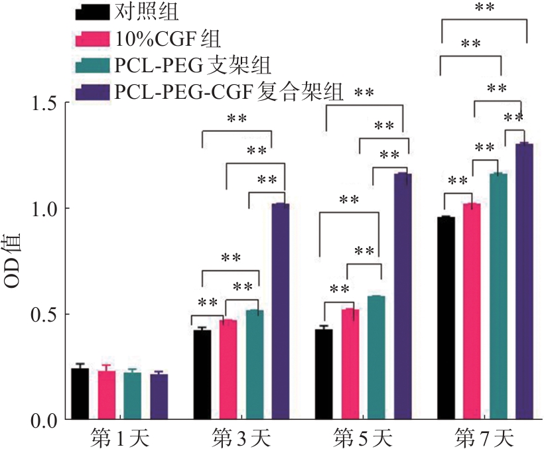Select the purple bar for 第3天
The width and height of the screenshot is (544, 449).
281,312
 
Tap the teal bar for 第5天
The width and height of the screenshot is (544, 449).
376,358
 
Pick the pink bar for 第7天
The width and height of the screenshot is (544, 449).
472,312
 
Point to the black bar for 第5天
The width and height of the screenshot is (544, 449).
324,375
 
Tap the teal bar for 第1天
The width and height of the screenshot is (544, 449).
132,396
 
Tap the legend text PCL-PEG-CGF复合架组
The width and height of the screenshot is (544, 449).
229,92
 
